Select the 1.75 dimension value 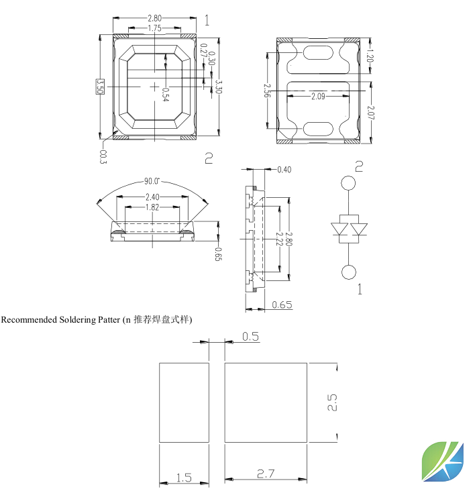(154, 28)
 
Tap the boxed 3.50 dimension (100, 87)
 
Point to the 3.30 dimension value (217, 87)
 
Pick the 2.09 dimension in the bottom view (319, 97)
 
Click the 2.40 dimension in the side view (152, 197)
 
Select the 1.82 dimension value (152, 207)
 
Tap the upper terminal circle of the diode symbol (348, 183)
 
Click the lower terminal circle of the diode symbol (348, 272)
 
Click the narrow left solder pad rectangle (183, 403)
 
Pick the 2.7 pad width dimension (266, 475)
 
